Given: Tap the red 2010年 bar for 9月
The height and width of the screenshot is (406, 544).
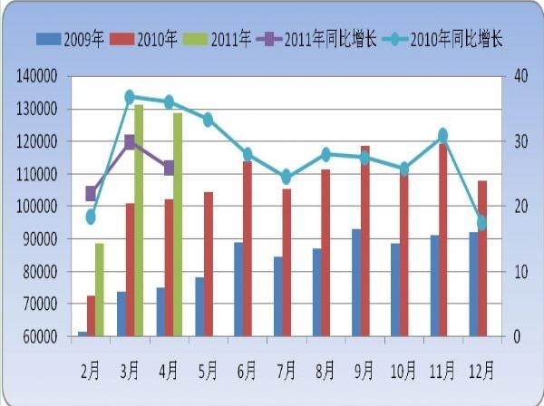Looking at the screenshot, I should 364,240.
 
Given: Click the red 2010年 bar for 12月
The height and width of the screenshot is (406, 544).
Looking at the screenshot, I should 482,258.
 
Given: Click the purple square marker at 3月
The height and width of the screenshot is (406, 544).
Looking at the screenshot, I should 130,141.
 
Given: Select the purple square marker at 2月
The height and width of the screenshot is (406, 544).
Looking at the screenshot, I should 91,193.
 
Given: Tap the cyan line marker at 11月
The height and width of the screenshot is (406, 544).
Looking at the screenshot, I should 442,135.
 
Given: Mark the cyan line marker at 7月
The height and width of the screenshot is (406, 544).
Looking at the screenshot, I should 286,177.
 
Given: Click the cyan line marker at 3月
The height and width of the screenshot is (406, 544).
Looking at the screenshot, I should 130,97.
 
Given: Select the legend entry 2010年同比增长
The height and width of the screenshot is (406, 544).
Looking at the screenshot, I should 444,39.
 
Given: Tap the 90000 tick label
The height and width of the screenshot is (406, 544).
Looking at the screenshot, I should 41,239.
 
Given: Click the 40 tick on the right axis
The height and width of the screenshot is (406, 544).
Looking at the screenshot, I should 518,76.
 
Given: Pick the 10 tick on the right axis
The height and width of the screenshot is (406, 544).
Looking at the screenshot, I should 517,272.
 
